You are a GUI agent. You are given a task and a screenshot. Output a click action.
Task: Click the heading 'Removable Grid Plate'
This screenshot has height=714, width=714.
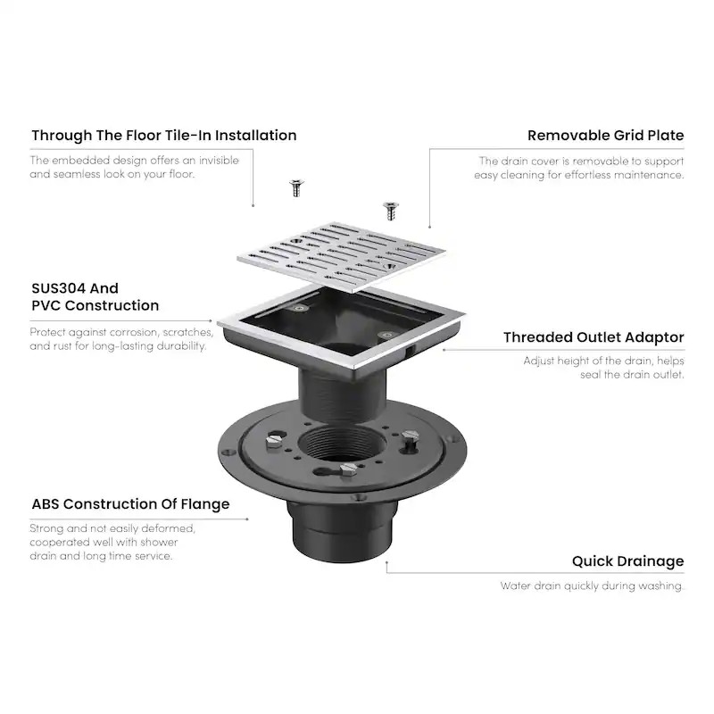pos(605,136)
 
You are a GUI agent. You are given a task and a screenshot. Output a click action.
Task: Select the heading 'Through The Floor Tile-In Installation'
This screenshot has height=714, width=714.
pos(164,136)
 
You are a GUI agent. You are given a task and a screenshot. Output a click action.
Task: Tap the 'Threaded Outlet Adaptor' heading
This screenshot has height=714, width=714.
pos(594,337)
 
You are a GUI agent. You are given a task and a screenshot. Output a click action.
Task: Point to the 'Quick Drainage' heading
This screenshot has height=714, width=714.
pos(627,561)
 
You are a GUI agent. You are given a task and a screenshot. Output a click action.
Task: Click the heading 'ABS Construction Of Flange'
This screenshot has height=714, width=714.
pos(130,504)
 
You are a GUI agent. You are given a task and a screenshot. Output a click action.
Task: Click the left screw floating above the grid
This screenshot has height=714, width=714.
pos(294,187)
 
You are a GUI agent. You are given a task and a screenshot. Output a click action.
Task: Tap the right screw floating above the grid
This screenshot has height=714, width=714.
pos(389,210)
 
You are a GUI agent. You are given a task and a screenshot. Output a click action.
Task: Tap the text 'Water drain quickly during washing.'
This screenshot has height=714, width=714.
pos(592,586)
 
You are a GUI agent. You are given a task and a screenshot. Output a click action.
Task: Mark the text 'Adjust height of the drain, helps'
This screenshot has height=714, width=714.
pos(603,361)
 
